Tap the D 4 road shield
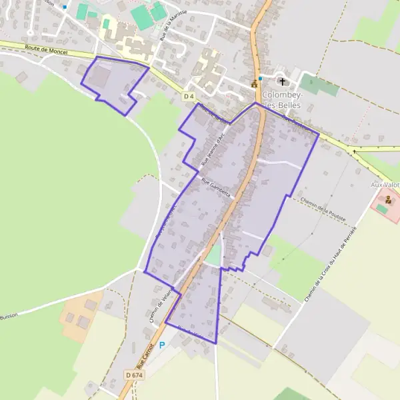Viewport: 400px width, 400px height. click(x=189, y=97)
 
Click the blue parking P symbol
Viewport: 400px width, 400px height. click(x=162, y=345)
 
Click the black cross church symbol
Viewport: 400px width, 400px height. click(x=282, y=82)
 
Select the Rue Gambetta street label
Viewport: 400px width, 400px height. click(x=215, y=190)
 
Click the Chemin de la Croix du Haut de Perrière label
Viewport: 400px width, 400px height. click(x=331, y=263)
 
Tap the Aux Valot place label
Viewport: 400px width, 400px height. click(x=385, y=184)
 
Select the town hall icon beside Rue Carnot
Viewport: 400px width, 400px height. click(x=254, y=84)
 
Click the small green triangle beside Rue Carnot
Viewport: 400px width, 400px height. click(x=213, y=254)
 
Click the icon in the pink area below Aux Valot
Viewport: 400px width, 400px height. click(x=387, y=199)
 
